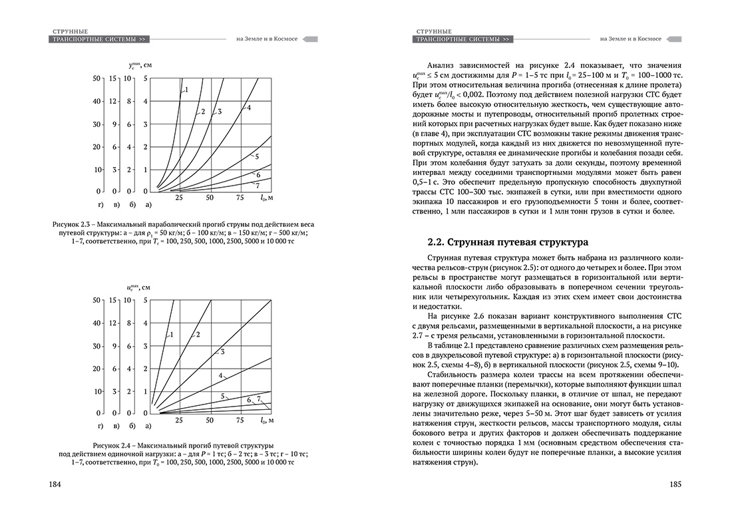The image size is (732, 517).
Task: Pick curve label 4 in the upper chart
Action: pos(248,107)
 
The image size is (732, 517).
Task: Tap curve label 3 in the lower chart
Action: pos(222,351)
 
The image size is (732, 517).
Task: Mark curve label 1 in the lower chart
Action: pos(171,334)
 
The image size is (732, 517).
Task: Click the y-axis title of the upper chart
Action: pos(144,65)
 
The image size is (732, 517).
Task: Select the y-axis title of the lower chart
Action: pos(144,287)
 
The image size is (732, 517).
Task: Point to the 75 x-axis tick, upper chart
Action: pos(240,198)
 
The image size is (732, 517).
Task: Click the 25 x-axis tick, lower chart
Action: pos(178,421)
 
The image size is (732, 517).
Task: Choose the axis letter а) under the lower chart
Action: pos(148,425)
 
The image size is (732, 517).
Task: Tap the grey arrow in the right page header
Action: pos(673,39)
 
